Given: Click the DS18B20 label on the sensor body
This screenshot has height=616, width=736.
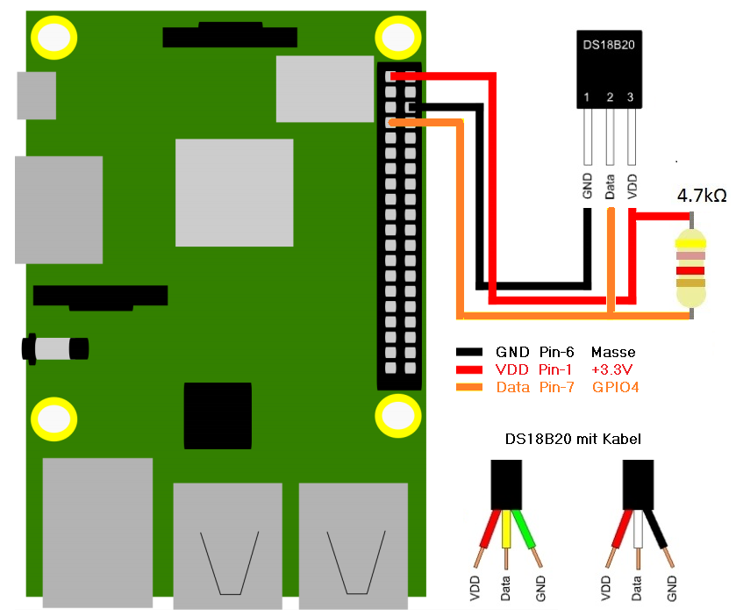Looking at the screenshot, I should coord(608,43).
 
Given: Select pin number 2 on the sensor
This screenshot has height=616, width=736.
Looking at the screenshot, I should coord(610,97).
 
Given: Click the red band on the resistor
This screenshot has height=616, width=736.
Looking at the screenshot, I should coord(690,269).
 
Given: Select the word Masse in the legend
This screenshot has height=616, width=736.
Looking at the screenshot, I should coord(613,353).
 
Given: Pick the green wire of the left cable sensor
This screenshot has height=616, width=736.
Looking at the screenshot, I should coord(530,535).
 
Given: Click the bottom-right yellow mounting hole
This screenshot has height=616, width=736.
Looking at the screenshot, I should coord(397,414).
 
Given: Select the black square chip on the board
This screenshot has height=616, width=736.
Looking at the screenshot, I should coord(218,416).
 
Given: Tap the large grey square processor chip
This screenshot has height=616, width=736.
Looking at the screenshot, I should coord(233,191).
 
